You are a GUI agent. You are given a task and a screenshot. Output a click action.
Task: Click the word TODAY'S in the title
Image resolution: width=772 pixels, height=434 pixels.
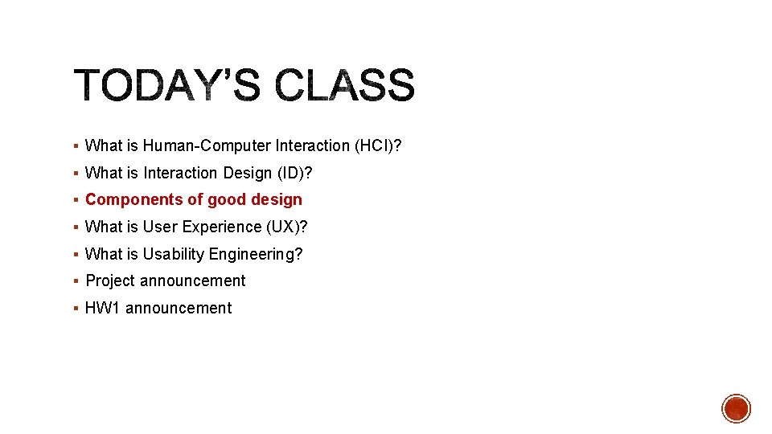tap(167, 86)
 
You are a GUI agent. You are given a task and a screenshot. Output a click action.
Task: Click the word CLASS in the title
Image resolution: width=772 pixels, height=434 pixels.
tap(345, 86)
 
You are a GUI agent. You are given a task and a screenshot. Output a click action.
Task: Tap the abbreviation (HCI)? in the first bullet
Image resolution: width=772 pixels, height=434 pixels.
tap(377, 145)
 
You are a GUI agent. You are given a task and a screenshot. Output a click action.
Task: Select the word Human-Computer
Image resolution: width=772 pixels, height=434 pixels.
tap(207, 145)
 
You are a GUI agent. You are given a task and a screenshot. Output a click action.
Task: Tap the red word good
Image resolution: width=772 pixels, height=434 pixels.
tap(226, 199)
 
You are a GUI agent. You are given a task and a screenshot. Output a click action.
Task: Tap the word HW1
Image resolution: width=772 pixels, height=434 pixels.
tap(103, 308)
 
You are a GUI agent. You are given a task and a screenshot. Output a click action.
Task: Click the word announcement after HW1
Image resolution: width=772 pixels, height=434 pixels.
tap(179, 308)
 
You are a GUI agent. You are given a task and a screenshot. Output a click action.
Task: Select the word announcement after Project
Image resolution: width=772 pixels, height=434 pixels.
tap(193, 280)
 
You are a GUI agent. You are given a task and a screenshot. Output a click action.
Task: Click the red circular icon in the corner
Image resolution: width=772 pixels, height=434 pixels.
tap(736, 408)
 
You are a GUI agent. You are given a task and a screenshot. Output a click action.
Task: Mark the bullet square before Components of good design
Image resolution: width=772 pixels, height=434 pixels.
tap(75, 200)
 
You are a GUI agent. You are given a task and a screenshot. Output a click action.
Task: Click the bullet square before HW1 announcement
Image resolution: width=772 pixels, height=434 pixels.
tap(75, 309)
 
